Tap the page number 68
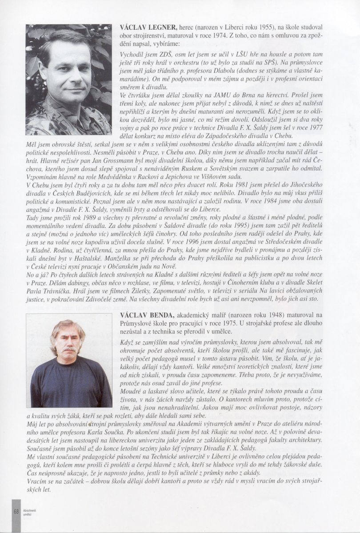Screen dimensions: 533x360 (16, 512)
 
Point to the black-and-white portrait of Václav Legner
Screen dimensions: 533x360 (68, 80)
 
